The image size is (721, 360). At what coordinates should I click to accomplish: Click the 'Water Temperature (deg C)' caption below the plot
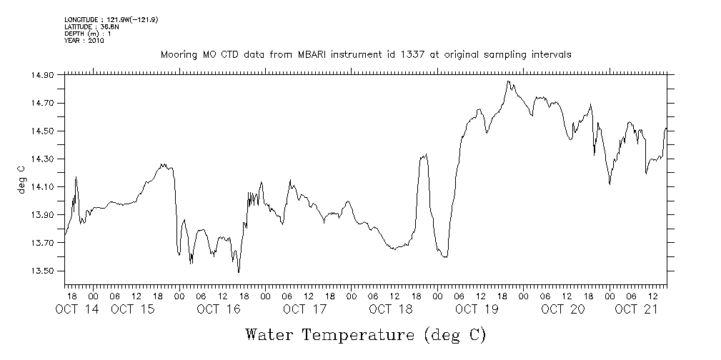[365, 334]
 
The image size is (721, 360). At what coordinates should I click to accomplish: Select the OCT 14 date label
[76, 309]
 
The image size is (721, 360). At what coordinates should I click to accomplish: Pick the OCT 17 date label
[304, 309]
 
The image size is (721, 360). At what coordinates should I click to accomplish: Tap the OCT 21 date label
[636, 309]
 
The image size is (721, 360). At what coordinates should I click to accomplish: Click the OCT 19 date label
[476, 309]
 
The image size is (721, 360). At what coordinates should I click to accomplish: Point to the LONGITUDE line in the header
[111, 19]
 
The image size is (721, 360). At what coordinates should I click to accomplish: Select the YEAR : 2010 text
[84, 41]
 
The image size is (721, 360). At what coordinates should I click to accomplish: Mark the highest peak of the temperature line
[508, 81]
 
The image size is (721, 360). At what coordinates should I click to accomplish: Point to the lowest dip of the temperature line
[239, 272]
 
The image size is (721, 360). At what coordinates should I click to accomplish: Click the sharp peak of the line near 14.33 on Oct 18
[426, 154]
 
